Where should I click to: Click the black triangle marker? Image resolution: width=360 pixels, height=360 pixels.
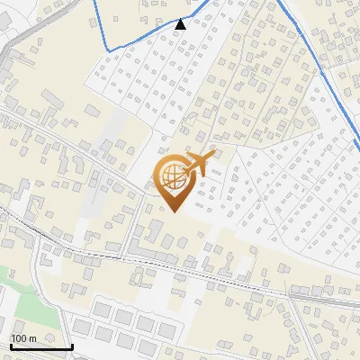pos(181,24)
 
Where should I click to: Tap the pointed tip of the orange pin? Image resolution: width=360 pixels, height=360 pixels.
pos(173,211)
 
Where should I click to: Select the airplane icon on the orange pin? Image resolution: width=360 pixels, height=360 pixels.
pos(199,164)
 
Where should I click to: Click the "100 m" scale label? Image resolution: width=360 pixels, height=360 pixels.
pos(23,338)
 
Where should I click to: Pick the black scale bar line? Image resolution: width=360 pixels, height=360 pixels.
pos(40,346)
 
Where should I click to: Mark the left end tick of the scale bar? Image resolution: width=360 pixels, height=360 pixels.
pos(10,345)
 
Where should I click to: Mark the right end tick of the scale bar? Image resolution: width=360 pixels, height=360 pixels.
pos(72,345)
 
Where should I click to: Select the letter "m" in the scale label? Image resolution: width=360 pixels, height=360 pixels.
pos(32,338)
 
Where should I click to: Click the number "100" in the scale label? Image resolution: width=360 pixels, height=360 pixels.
pos(19,338)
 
